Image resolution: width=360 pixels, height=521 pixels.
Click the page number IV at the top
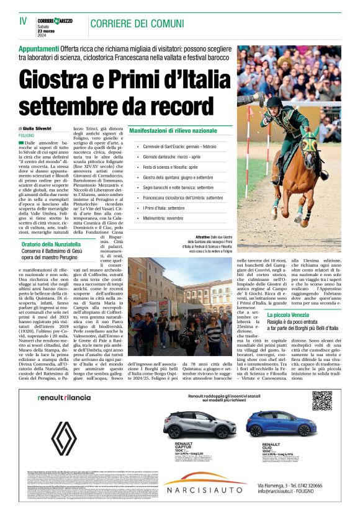pos(24,21)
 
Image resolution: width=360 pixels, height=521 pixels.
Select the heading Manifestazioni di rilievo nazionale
pos(173,131)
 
